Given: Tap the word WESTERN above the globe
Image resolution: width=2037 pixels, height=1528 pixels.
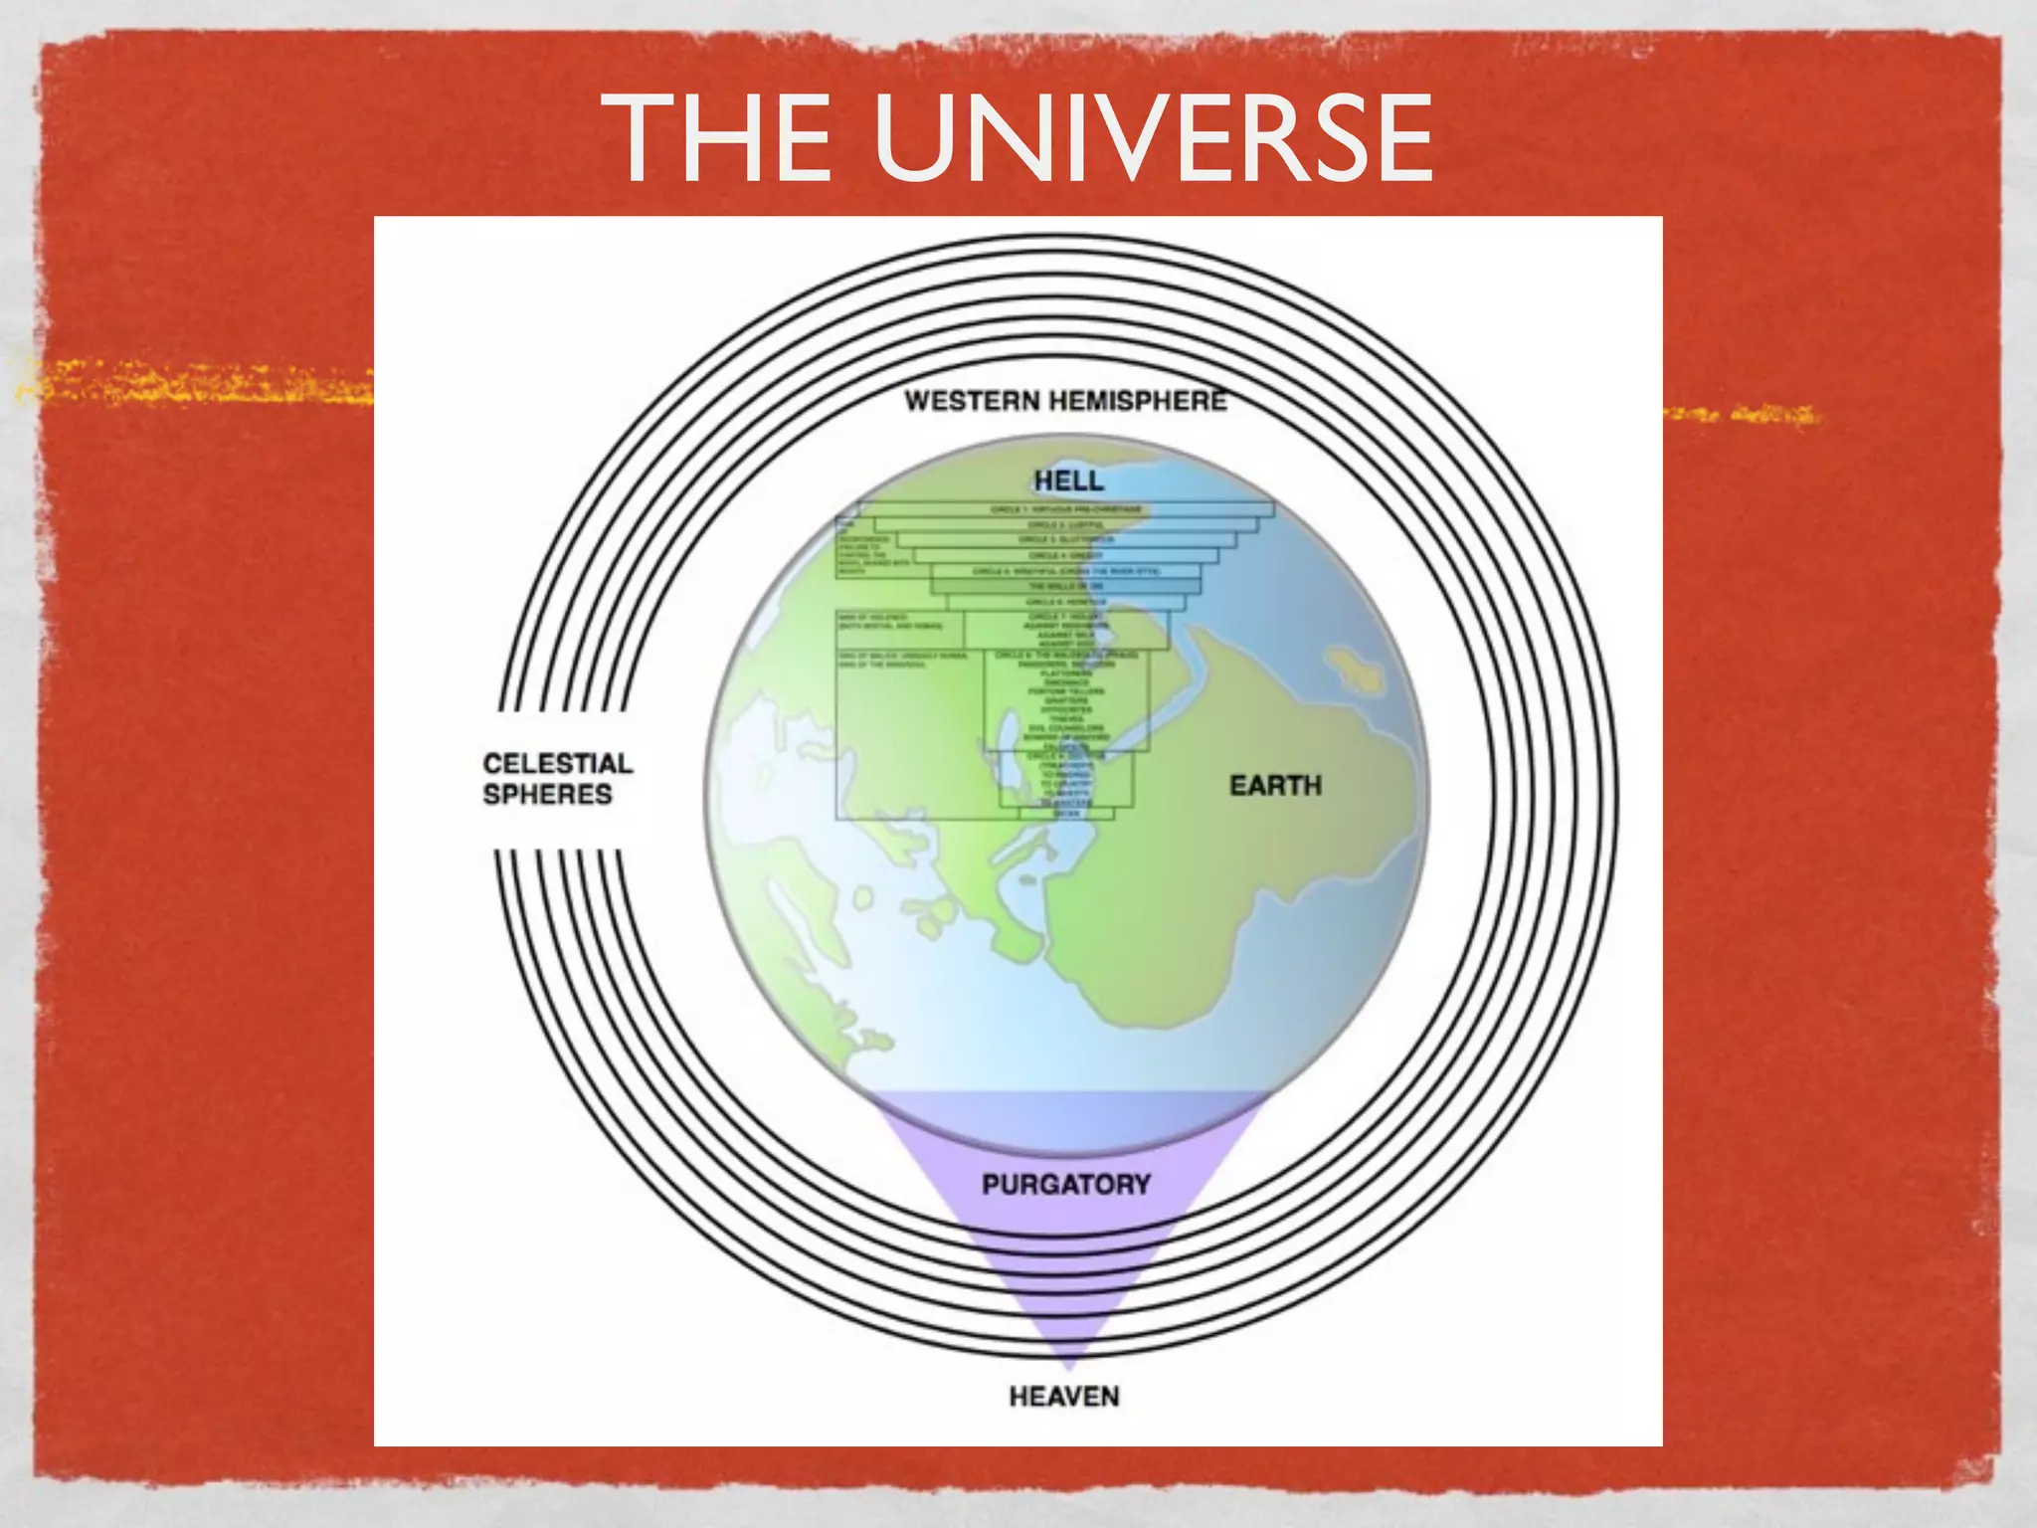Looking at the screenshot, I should tap(972, 402).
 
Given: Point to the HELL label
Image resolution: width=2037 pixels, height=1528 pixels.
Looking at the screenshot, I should tap(1068, 480).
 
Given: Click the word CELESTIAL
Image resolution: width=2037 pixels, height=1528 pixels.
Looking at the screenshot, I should tap(557, 764).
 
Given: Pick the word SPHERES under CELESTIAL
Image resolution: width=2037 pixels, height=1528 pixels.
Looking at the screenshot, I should tap(547, 795).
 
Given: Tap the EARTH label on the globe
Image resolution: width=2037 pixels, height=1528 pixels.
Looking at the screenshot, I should tap(1275, 786).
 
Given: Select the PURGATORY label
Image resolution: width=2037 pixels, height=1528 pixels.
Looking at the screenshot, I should tap(1065, 1185).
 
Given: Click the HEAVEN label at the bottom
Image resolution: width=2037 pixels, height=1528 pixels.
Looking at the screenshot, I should tap(1063, 1397).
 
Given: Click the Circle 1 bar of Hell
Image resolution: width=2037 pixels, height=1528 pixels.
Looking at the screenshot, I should tap(1064, 509).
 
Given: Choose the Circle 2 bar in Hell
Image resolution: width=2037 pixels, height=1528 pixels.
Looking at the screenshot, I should tap(1064, 524).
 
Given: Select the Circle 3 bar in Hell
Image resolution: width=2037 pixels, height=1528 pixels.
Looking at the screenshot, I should tap(1064, 539).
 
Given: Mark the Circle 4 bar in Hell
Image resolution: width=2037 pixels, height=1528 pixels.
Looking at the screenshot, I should tap(1064, 555).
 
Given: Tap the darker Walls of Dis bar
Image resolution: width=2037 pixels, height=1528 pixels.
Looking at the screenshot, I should tap(1064, 586).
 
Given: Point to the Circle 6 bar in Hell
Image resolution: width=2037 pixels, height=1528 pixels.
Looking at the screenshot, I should tap(1064, 602).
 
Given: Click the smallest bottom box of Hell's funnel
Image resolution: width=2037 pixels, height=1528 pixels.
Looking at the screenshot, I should tap(1066, 814).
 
